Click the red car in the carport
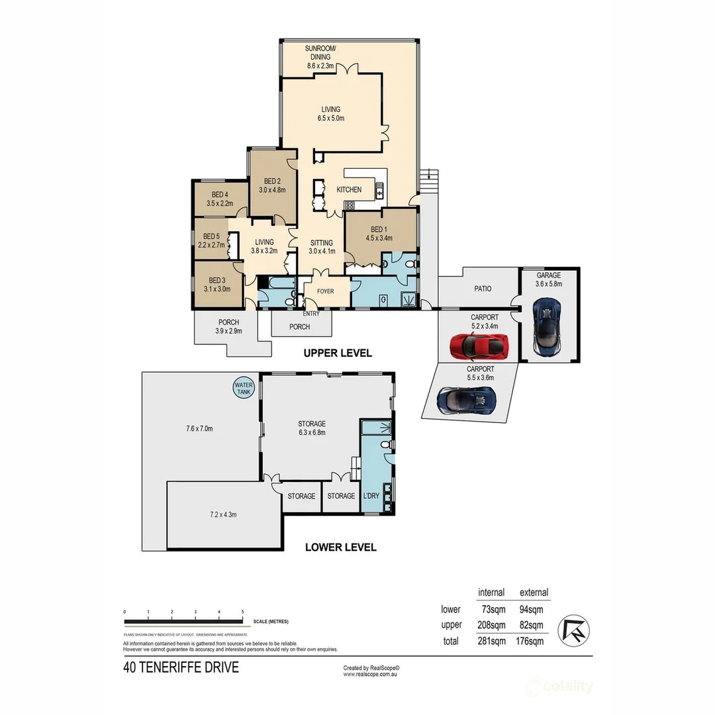click(479, 345)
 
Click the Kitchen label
click(349, 190)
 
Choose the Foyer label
click(325, 291)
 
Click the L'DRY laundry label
click(371, 496)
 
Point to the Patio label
click(482, 289)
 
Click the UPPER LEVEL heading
click(337, 354)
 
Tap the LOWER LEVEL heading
click(340, 548)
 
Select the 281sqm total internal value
click(491, 641)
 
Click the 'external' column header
click(534, 593)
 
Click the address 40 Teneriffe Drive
click(181, 667)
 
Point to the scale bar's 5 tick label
click(243, 612)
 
